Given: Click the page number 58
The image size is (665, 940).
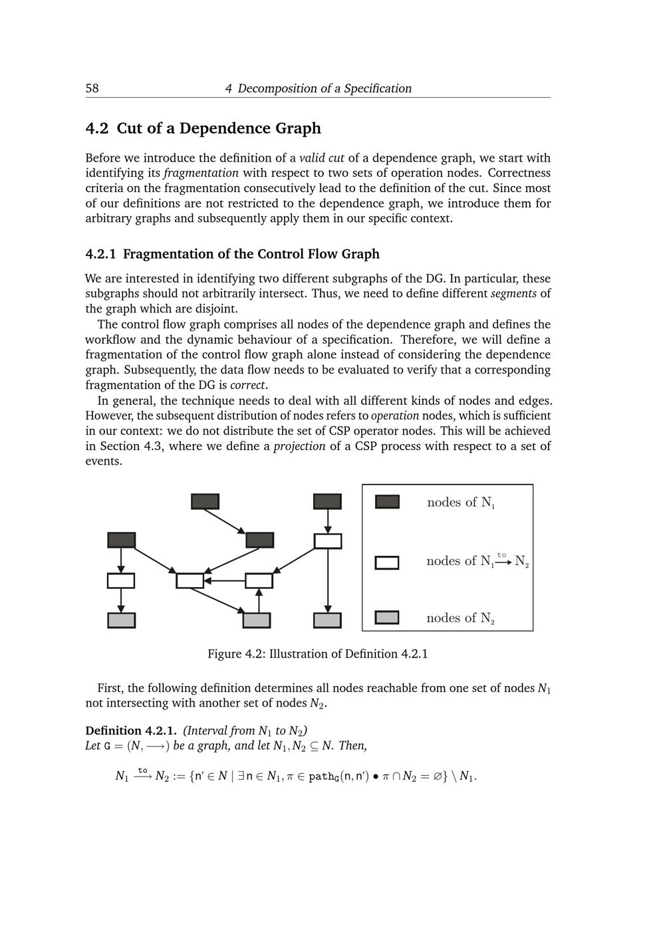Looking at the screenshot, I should [x=92, y=88].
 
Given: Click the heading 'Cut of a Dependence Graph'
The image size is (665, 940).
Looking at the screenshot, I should [x=219, y=128].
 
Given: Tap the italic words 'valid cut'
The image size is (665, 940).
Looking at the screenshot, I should [x=322, y=158].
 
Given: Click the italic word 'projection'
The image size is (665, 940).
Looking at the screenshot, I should [x=299, y=446].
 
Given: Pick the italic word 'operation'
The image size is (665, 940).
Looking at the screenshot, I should [x=395, y=416].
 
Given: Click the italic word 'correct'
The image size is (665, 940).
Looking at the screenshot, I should [x=247, y=385].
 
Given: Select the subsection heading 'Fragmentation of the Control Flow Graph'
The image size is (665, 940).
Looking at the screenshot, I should [x=251, y=254].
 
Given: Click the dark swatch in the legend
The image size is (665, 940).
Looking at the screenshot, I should [x=387, y=502].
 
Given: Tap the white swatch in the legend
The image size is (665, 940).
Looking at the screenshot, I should [x=387, y=563].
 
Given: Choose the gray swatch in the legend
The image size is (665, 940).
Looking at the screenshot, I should [x=387, y=618].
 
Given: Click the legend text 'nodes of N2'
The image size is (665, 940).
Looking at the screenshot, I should [x=460, y=618].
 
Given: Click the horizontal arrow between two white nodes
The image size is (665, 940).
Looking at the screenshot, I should [x=225, y=581].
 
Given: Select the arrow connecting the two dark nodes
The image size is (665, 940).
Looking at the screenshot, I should [x=224, y=521].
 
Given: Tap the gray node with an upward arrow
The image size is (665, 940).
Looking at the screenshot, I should [x=257, y=620].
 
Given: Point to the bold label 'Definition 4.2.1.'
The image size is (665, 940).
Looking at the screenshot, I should [x=131, y=731].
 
